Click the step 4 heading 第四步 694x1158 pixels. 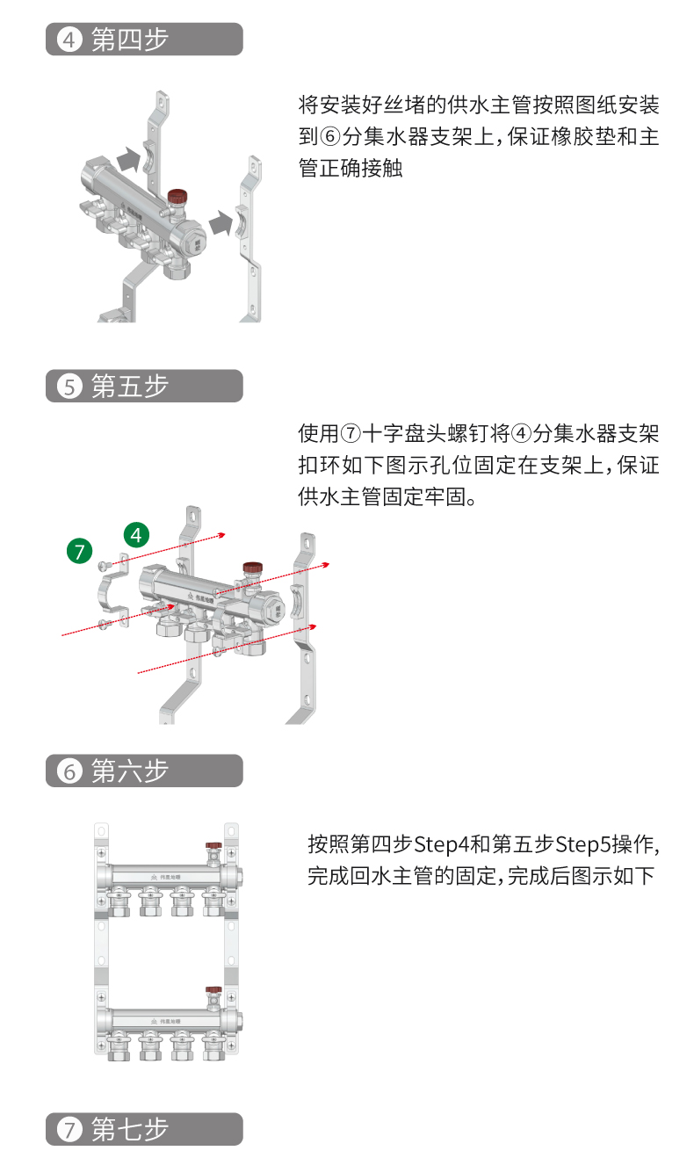tap(130, 40)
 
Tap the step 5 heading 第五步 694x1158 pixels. tap(130, 387)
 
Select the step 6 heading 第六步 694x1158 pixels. tap(130, 771)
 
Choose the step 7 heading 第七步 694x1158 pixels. tap(130, 1130)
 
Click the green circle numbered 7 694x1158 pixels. tap(80, 551)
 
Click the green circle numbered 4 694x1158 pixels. tap(136, 535)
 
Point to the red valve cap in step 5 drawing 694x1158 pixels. tap(253, 567)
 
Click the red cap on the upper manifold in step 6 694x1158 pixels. tap(213, 846)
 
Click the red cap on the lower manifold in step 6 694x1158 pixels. tap(213, 990)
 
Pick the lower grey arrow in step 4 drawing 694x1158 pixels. tap(221, 223)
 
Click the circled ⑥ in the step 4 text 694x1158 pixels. tap(329, 137)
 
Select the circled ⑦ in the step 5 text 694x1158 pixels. tap(351, 433)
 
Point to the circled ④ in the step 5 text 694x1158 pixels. tap(522, 433)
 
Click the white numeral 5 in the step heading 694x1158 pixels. tap(69, 387)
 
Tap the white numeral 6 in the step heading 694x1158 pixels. tap(69, 771)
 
